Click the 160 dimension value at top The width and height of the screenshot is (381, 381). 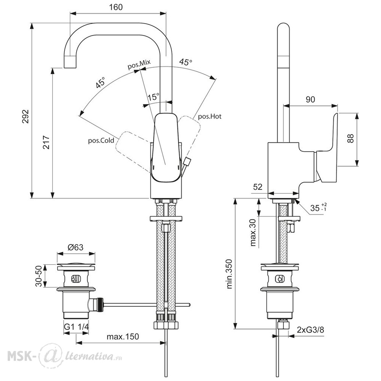[x=116, y=7]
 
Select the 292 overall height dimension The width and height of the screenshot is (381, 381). [x=26, y=117]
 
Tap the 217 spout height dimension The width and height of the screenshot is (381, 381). [x=46, y=142]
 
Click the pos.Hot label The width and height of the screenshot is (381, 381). [x=210, y=117]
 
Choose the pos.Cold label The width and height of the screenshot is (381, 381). [x=101, y=141]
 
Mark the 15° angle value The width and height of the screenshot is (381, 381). [x=153, y=97]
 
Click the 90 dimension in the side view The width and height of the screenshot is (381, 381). [x=310, y=99]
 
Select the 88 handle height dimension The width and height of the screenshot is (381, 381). [x=351, y=139]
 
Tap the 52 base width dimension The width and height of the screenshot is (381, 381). [x=258, y=187]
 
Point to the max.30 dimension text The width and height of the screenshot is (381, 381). [x=253, y=232]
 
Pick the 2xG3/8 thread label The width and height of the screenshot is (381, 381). [x=310, y=330]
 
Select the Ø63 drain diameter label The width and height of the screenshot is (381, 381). [x=75, y=247]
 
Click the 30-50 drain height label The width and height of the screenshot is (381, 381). [x=39, y=276]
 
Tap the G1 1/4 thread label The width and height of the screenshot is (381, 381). [x=76, y=327]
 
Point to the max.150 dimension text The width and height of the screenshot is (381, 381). [x=123, y=336]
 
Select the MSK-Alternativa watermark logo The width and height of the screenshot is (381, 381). [x=65, y=356]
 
